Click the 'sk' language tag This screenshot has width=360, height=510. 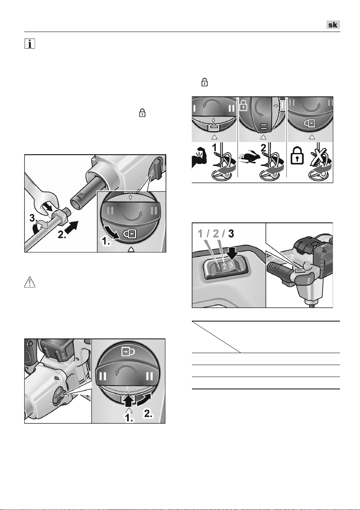(x=333, y=25)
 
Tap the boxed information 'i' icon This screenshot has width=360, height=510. (x=30, y=44)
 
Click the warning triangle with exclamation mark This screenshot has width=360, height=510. (x=30, y=282)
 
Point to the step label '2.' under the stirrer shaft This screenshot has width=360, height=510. (x=62, y=234)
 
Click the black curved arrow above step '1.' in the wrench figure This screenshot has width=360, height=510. (x=111, y=232)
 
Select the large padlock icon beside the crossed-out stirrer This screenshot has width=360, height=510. (x=297, y=156)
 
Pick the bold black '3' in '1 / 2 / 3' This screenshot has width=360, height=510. (x=231, y=234)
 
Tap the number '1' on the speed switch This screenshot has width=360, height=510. (x=218, y=267)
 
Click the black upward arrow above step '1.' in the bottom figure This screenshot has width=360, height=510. (x=129, y=401)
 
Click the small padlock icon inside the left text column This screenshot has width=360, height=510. (x=142, y=113)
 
